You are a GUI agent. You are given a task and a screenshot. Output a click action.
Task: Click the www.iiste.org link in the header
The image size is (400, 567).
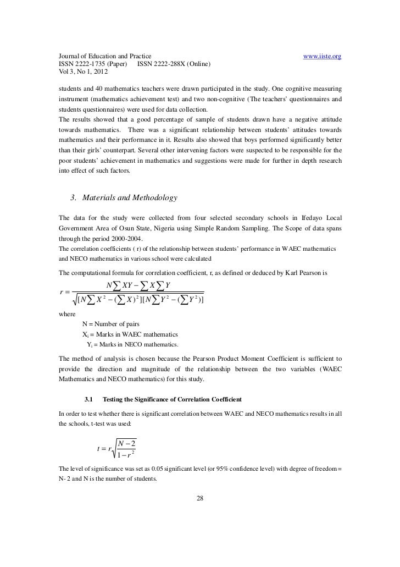click(x=323, y=57)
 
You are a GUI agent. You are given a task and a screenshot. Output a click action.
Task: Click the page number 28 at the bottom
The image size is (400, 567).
click(x=200, y=499)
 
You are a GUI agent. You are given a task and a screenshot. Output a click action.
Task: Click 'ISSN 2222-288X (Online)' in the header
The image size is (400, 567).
click(x=174, y=64)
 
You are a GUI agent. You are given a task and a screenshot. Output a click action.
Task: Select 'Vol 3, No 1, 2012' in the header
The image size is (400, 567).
click(x=83, y=72)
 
